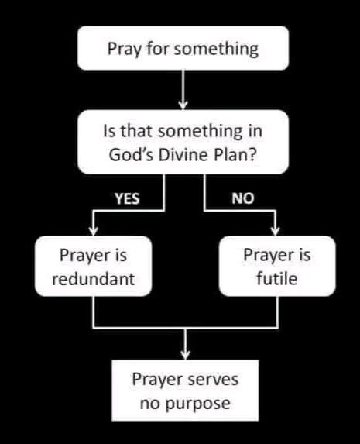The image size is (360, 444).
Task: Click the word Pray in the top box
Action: click(124, 50)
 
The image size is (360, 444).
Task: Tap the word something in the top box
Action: click(216, 49)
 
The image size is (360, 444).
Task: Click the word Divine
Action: click(184, 155)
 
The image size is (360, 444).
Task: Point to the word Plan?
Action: click(236, 155)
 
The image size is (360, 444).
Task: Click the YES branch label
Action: click(128, 198)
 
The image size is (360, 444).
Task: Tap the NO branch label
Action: click(243, 198)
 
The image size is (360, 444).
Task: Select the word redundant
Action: click(94, 279)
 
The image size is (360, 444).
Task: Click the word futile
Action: click(277, 279)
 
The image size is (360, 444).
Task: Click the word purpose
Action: click(197, 404)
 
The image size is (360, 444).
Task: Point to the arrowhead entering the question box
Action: click(183, 105)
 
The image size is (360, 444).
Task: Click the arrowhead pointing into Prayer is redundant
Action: click(94, 231)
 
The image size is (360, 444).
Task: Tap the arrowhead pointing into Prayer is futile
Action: click(275, 231)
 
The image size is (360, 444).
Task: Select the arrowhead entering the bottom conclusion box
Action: click(185, 355)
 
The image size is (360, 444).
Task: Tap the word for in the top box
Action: click(157, 48)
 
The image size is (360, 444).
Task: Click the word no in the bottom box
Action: click(149, 404)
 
